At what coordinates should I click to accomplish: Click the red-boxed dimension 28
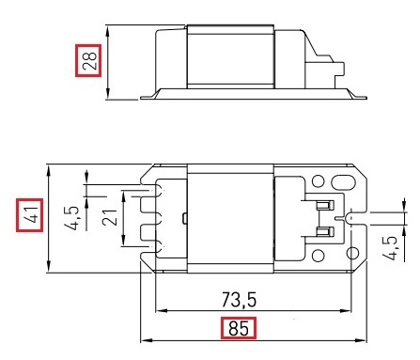(x=88, y=60)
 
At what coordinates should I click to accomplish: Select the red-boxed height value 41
(x=29, y=215)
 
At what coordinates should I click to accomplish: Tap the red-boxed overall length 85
(x=239, y=328)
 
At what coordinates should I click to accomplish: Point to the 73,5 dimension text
(x=240, y=300)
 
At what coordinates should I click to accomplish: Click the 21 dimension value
(x=110, y=217)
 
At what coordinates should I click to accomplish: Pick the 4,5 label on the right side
(x=390, y=248)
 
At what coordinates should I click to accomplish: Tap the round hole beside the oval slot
(x=319, y=181)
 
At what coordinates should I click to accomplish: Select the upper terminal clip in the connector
(x=325, y=206)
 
